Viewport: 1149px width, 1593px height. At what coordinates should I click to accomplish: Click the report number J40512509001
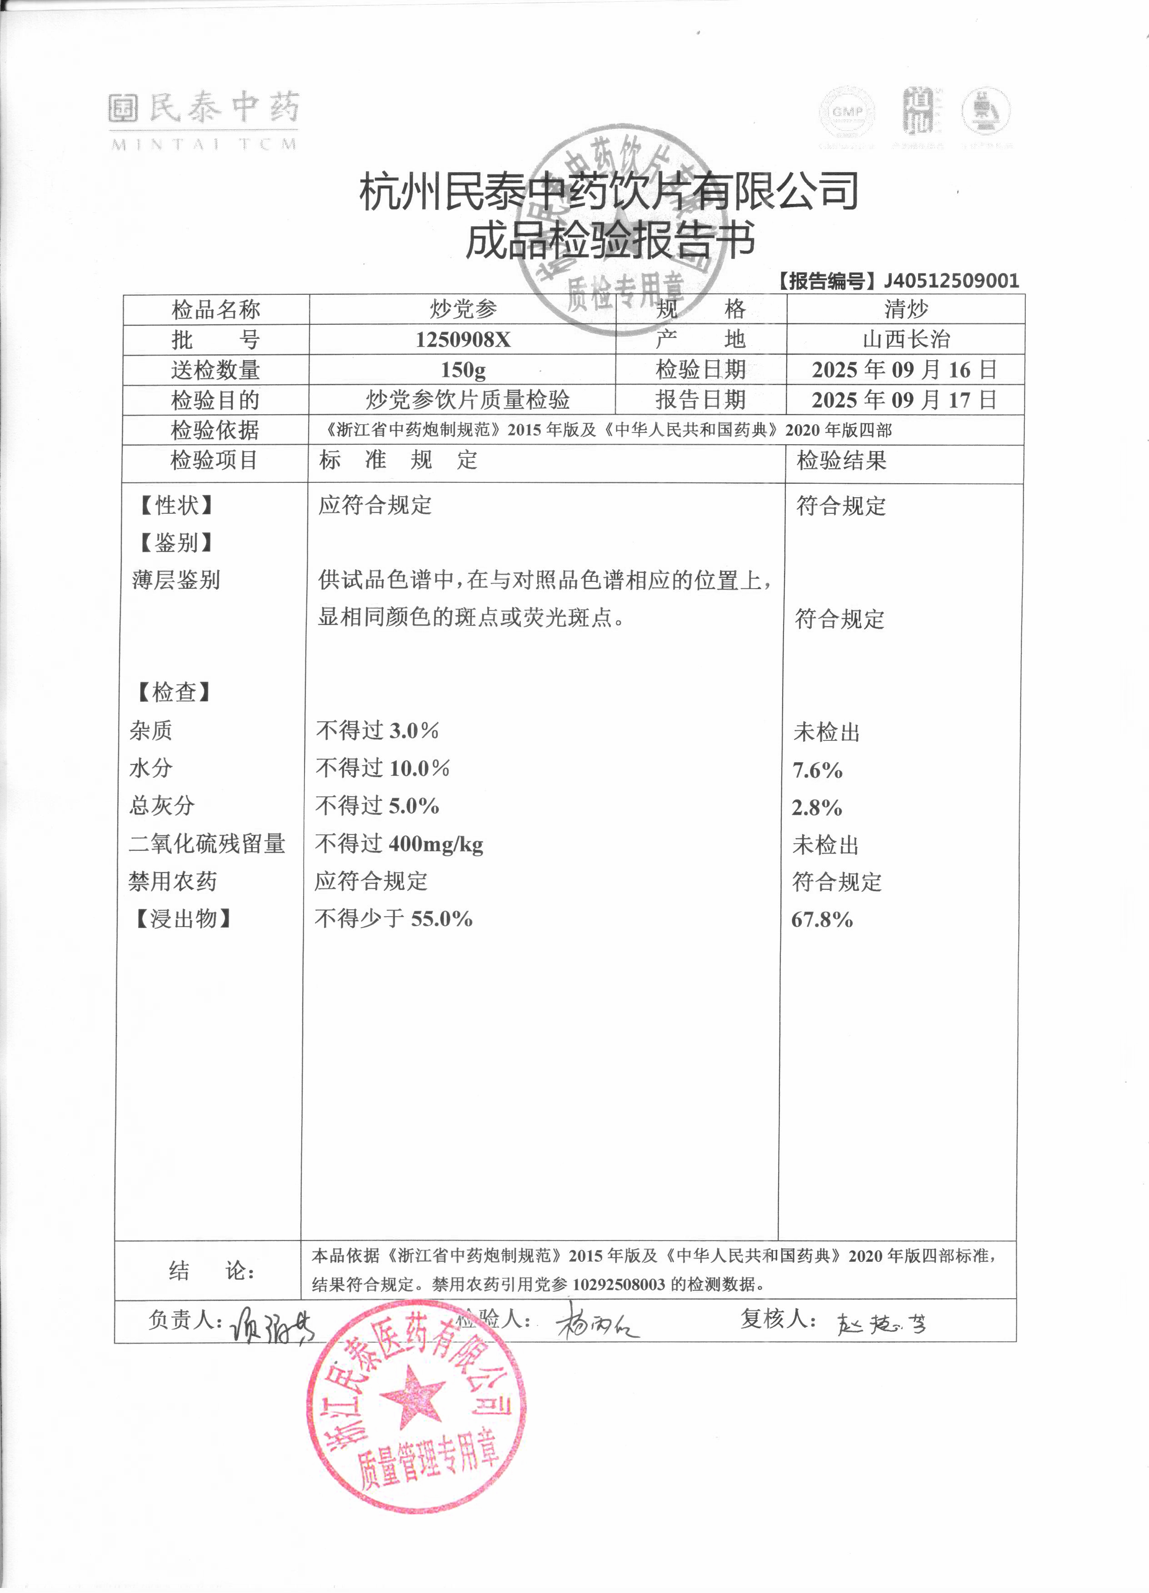[x=951, y=281]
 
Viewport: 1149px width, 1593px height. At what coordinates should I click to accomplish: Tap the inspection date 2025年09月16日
[x=904, y=369]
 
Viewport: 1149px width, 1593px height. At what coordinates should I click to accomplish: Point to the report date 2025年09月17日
[x=904, y=400]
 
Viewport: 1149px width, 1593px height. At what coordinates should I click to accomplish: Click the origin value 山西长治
[x=906, y=340]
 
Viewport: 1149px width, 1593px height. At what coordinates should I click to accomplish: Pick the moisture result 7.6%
[x=817, y=770]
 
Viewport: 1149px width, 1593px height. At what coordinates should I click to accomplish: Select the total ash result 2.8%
[x=817, y=808]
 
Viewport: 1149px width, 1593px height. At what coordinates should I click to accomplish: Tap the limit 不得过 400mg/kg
[x=399, y=844]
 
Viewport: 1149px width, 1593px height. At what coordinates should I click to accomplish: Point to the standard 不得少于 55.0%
[x=393, y=919]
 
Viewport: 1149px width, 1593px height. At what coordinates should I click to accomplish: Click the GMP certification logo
[x=847, y=112]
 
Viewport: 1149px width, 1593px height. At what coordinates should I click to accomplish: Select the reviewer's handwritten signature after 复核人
[x=882, y=1324]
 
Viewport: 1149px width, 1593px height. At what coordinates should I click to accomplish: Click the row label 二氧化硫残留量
[x=207, y=844]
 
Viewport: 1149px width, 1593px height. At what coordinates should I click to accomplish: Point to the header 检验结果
[x=841, y=461]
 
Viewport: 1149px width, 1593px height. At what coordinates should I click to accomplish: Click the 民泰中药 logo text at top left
[x=204, y=109]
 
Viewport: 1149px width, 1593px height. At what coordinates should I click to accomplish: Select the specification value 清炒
[x=906, y=309]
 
